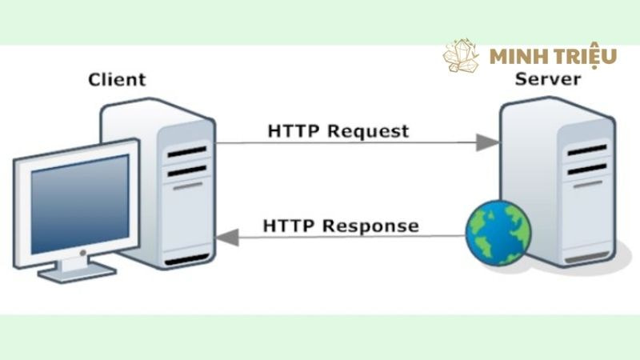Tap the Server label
[x=548, y=79]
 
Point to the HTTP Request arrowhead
[x=487, y=142]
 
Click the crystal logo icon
[x=462, y=56]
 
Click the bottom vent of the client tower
[x=186, y=260]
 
